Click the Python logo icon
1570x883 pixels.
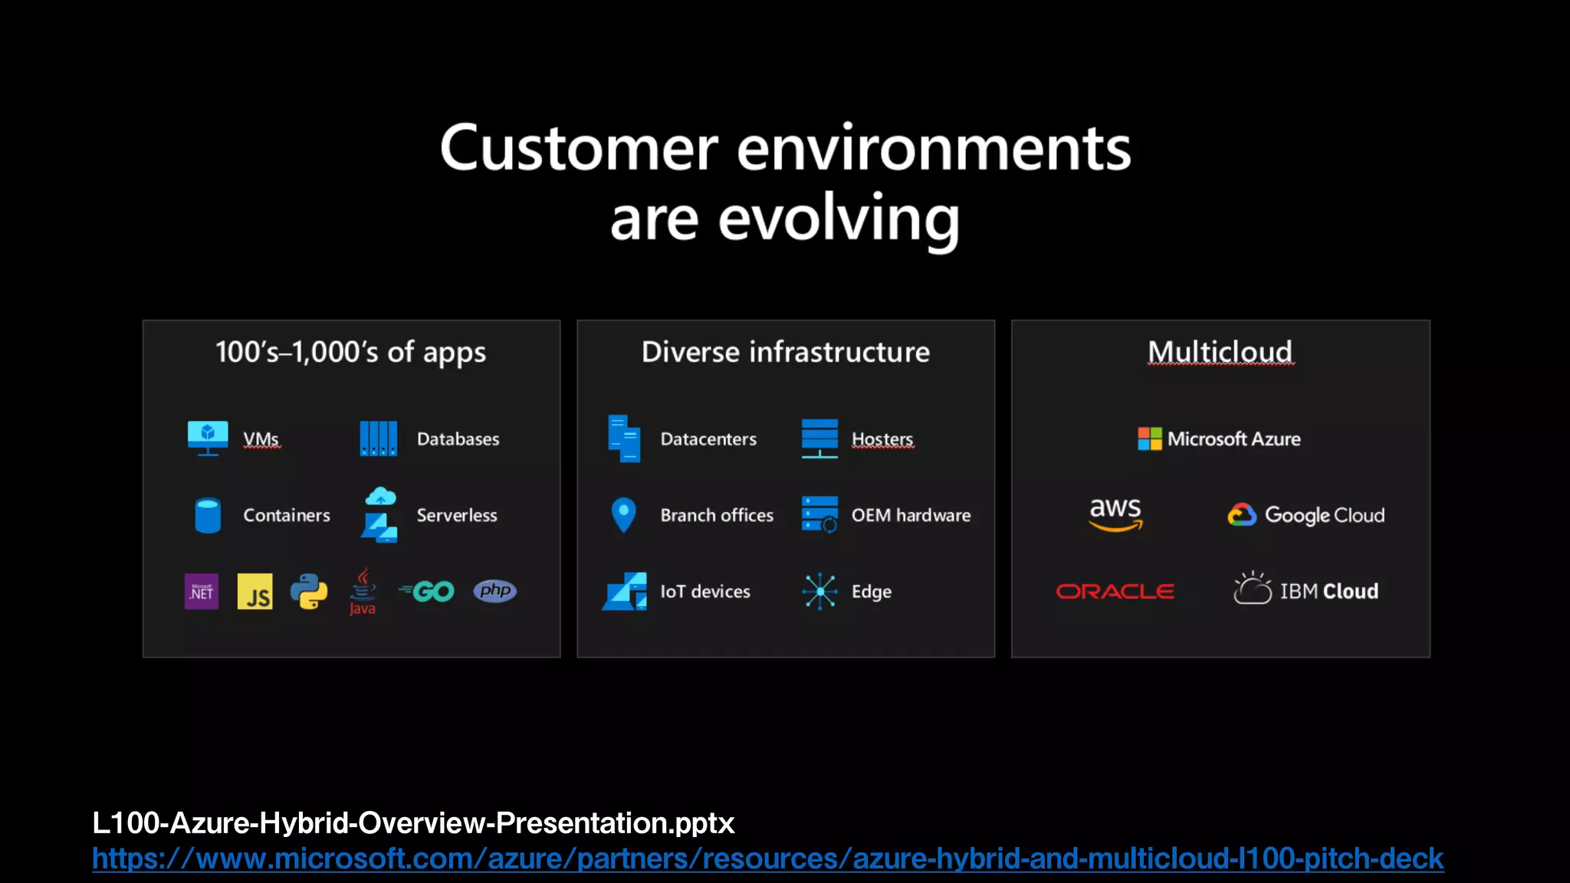pos(309,592)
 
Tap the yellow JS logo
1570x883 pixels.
pos(255,592)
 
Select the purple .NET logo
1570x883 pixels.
pos(202,592)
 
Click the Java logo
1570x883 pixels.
pos(363,592)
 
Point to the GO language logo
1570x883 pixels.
pos(428,592)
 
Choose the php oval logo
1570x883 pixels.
pos(495,591)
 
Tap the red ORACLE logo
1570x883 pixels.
pos(1115,592)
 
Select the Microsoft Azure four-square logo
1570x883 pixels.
pos(1149,439)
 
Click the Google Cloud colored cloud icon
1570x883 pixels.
pos(1242,515)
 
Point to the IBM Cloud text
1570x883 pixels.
pos(1329,592)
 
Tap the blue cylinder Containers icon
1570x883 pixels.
pos(208,515)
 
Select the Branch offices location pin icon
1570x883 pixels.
pos(624,514)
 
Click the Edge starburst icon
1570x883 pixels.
pos(819,592)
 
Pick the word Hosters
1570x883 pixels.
pos(882,439)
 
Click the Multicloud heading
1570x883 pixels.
pos(1220,352)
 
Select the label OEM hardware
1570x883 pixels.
pos(911,515)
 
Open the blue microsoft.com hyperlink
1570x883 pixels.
pos(767,858)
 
